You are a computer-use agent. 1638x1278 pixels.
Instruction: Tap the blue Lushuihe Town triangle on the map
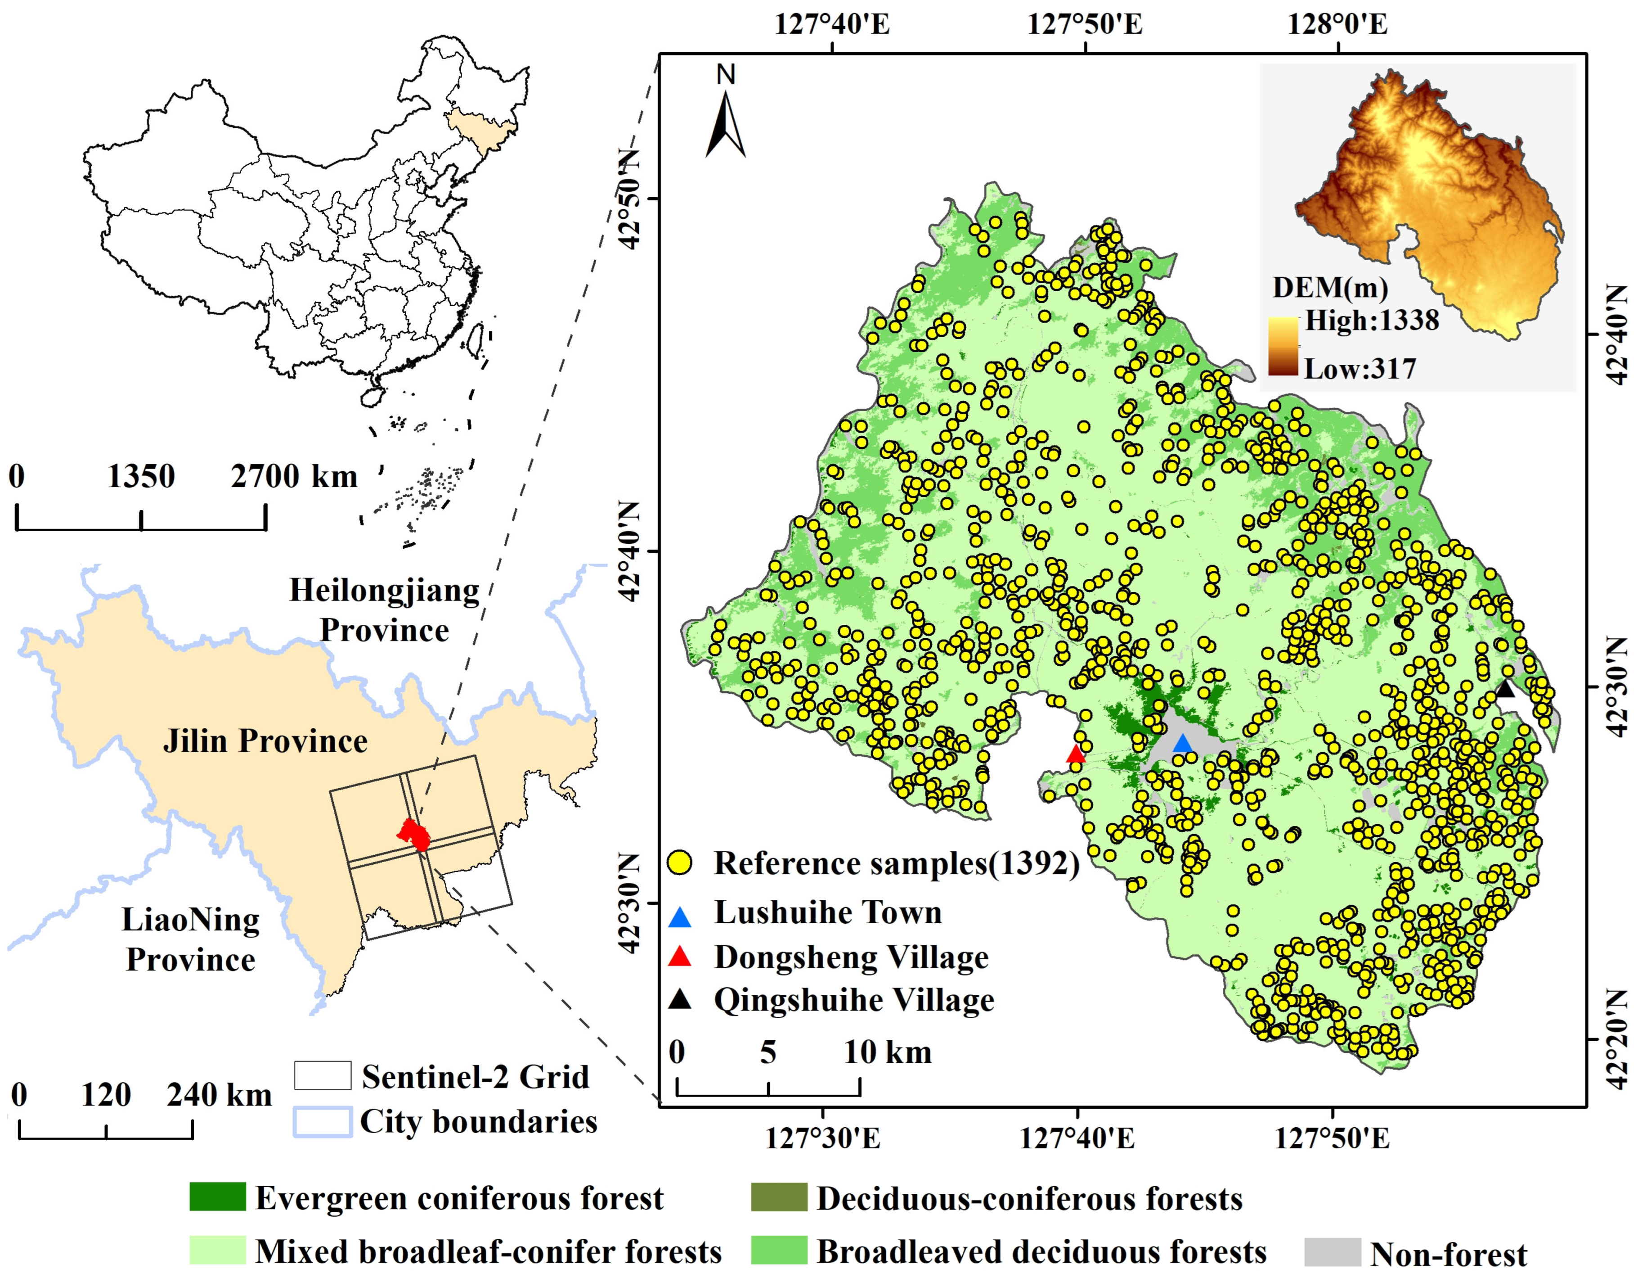click(1182, 745)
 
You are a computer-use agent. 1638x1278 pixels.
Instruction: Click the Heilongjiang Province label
click(384, 610)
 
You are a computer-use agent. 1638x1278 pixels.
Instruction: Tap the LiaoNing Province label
click(190, 939)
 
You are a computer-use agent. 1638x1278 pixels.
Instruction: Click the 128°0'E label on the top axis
click(1337, 25)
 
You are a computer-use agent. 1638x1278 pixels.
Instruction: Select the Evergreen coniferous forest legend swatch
click(217, 1197)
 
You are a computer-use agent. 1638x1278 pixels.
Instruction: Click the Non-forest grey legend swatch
click(1333, 1252)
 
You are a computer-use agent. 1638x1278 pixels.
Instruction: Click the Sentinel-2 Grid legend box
click(323, 1075)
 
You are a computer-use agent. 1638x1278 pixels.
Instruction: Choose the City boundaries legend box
click(323, 1122)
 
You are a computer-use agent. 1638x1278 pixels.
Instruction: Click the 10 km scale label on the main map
click(887, 1053)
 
